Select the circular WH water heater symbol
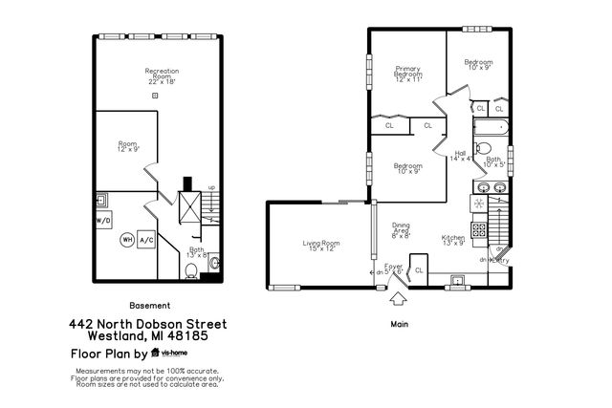[x=126, y=241]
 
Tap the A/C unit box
[x=146, y=241]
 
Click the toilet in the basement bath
[x=192, y=272]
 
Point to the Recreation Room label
[x=163, y=75]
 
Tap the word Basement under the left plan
[x=146, y=308]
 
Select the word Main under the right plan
[x=401, y=324]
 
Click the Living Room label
[x=321, y=246]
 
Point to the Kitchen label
[x=453, y=240]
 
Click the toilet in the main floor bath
[x=484, y=149]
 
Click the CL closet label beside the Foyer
[x=419, y=270]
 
